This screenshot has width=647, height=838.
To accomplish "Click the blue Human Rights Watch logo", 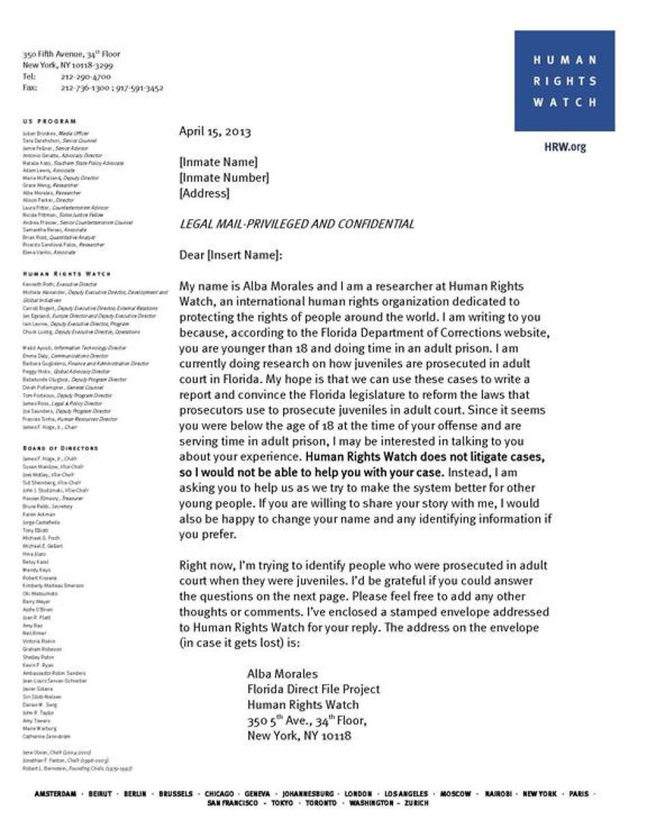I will click(564, 81).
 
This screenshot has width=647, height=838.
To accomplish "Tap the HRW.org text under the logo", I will click(565, 147).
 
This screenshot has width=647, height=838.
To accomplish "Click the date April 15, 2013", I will click(215, 131).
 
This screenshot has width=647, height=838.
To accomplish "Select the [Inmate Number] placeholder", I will click(224, 178).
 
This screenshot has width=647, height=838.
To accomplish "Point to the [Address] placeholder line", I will click(204, 193).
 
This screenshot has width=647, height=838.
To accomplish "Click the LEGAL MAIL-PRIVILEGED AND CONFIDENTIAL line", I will click(296, 224).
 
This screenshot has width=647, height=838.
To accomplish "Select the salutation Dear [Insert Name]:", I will click(230, 255).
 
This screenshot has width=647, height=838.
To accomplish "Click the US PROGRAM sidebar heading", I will click(49, 121).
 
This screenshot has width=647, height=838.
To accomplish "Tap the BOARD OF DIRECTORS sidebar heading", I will click(60, 448).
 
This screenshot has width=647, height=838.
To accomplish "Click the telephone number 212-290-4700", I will click(85, 77).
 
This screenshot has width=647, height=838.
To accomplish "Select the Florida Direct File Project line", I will click(313, 690).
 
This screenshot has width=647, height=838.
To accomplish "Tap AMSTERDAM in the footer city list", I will click(55, 794).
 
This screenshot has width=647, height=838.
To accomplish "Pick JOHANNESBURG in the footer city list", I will click(308, 794).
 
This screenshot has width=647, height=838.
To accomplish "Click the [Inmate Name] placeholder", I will click(218, 162).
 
